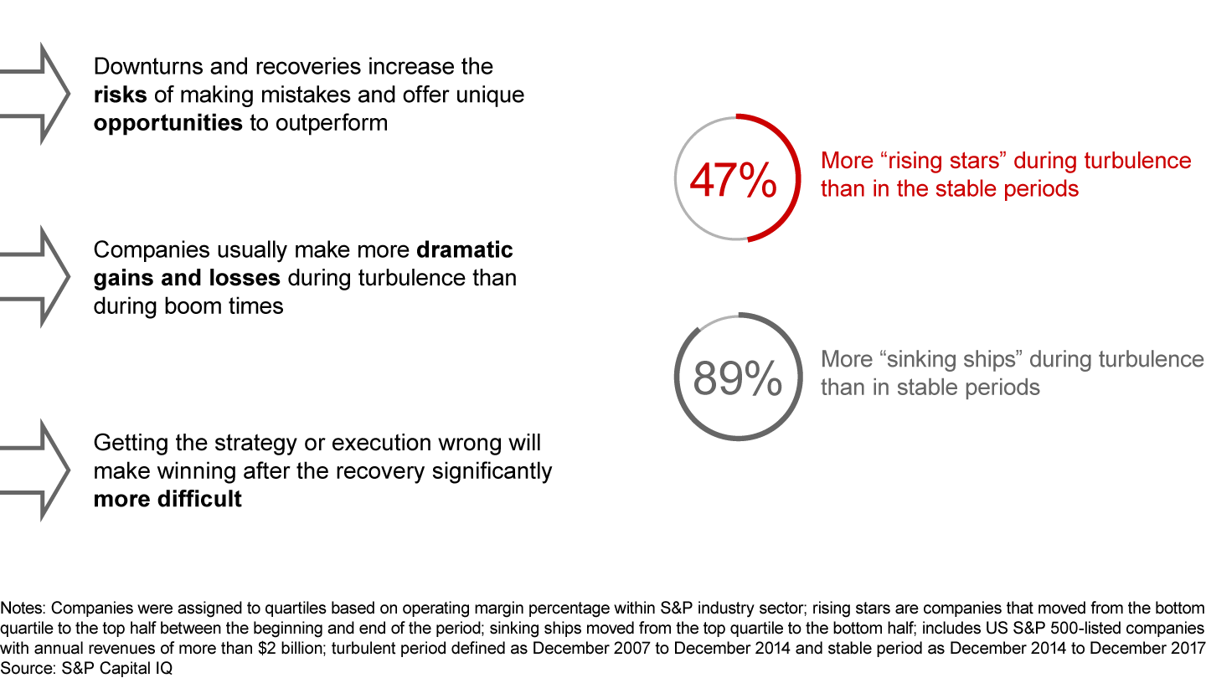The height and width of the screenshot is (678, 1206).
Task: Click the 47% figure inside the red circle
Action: tap(732, 180)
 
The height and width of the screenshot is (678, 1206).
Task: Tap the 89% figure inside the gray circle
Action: tap(737, 379)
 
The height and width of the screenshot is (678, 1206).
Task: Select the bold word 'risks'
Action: tap(121, 95)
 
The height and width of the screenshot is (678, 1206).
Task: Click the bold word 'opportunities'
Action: tap(168, 123)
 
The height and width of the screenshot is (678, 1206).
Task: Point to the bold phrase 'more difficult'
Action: tap(167, 500)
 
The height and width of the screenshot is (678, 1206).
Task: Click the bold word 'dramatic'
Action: tap(465, 250)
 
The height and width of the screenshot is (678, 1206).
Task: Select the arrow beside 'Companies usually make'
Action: tap(38, 276)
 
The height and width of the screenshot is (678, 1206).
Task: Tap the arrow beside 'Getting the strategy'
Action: tap(38, 470)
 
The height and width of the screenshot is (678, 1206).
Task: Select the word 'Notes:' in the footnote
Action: tap(24, 609)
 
